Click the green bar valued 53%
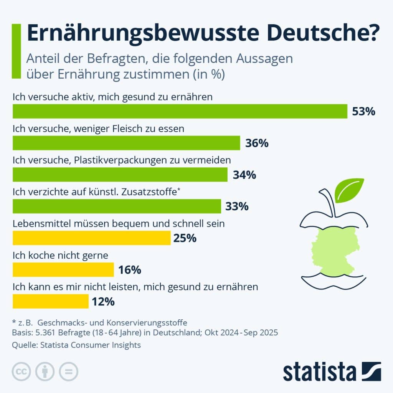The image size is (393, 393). coord(180,111)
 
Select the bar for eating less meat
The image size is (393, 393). coord(126,143)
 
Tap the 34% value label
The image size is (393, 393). coord(244,175)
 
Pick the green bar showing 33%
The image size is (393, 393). coord(117,206)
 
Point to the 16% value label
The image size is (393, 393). coord(130,270)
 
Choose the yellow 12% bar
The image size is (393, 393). coord(50,301)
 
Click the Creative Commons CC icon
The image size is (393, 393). coord(22,371)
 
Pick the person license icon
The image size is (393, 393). coord(45,371)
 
